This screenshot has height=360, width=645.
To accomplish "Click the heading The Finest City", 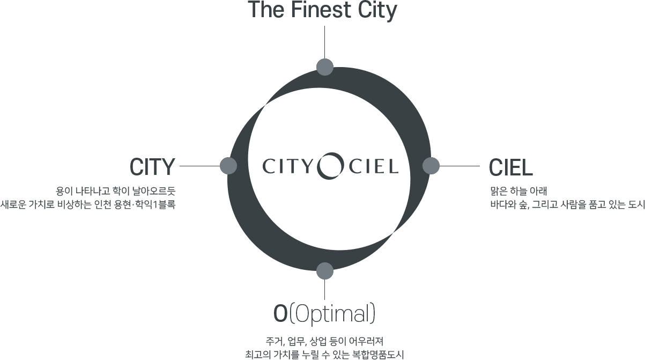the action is [x=322, y=10].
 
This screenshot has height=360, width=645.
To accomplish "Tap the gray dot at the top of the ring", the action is [x=325, y=67].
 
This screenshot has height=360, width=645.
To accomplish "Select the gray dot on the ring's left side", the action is [x=228, y=166].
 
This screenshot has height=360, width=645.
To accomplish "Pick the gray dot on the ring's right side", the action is [x=431, y=166].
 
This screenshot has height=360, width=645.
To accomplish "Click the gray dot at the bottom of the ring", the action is [x=325, y=271].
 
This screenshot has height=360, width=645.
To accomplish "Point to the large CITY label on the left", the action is [x=152, y=167].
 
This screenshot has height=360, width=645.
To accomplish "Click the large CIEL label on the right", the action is [x=511, y=167].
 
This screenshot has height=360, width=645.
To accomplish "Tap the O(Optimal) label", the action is [x=324, y=314].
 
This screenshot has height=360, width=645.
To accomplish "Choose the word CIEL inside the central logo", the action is [x=374, y=167].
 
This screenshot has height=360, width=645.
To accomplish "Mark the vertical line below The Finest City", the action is [x=325, y=42].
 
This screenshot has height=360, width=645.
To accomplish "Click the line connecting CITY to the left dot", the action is [x=200, y=166].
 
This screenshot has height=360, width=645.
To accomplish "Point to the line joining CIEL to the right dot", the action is [x=459, y=166].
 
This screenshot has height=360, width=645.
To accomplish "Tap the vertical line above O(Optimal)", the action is [x=325, y=289].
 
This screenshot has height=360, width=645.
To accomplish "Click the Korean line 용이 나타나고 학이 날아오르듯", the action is [x=115, y=191].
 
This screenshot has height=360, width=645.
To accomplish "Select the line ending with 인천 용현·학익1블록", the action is [x=88, y=204].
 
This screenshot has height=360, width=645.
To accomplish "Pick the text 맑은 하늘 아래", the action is [x=518, y=191].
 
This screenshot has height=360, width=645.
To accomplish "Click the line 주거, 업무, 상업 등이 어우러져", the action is [x=324, y=342].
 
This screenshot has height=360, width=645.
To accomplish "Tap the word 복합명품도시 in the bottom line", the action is [x=378, y=355].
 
